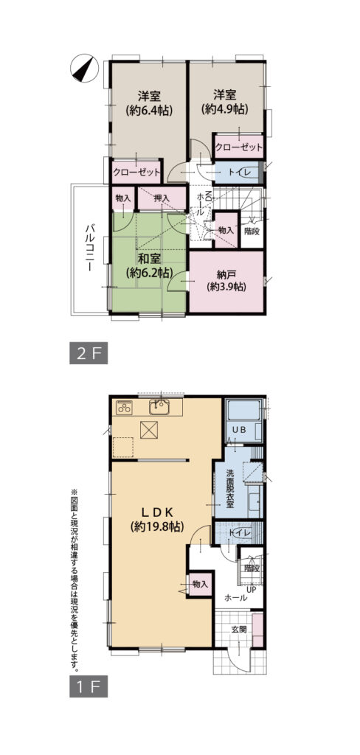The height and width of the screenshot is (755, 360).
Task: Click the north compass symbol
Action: coord(84,67)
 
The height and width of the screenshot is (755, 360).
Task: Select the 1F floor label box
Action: coord(89,687)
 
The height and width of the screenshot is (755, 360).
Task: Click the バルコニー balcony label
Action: coord(90,248)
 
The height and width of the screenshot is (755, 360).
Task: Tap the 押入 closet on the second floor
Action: coord(161,198)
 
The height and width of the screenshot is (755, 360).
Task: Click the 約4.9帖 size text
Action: coord(225,109)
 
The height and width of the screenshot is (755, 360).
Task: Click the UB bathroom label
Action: coord(240,430)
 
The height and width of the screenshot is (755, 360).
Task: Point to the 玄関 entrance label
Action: coord(239,629)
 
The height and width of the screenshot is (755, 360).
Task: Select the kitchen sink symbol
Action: coord(159,407)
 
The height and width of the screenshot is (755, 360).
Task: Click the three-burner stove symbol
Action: coord(125,407)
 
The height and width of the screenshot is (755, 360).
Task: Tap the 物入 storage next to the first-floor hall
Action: coord(200,584)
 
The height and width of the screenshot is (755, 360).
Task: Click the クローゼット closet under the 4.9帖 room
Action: coord(239,147)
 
